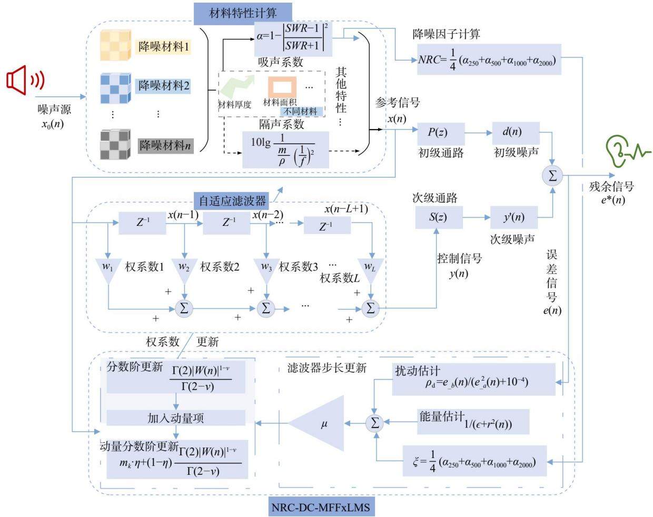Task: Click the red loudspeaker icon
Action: pyautogui.click(x=25, y=80)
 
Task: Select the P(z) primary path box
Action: pyautogui.click(x=441, y=134)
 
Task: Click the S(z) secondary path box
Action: pyautogui.click(x=439, y=217)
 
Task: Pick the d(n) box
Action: pyautogui.click(x=516, y=133)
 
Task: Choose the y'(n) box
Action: pyautogui.click(x=514, y=217)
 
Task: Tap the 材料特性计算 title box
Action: pyautogui.click(x=243, y=14)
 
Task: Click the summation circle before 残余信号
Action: pyautogui.click(x=552, y=176)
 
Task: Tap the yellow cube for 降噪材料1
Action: pyautogui.click(x=116, y=45)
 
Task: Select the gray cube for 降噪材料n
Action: pyautogui.click(x=115, y=144)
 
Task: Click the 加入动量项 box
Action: pyautogui.click(x=176, y=418)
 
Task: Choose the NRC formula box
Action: pyautogui.click(x=489, y=59)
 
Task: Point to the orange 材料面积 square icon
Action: pyautogui.click(x=282, y=87)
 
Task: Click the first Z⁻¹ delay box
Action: pyautogui.click(x=142, y=223)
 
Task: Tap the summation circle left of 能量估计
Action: pyautogui.click(x=375, y=423)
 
